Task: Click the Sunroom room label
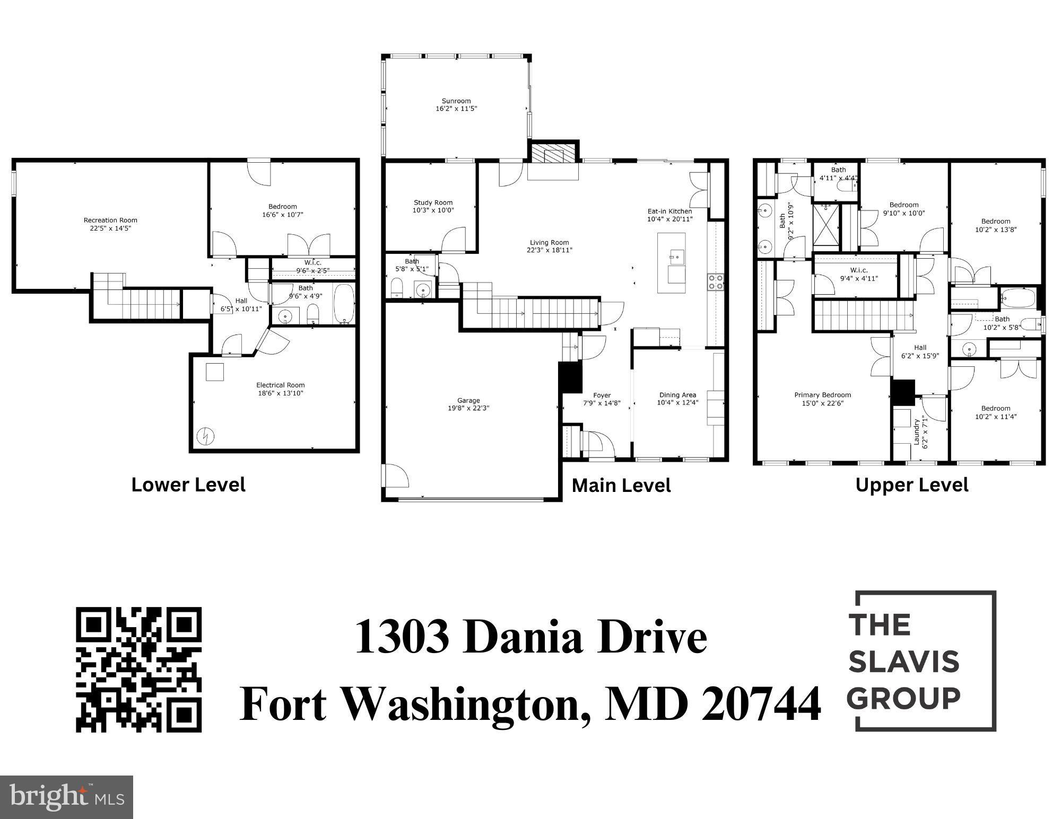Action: coord(456,101)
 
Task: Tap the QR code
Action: coord(139,669)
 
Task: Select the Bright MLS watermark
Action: coord(66,797)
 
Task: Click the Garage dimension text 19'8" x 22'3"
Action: coord(468,409)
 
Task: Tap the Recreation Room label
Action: coord(110,220)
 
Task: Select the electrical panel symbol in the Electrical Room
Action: coord(205,436)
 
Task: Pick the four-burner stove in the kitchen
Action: coord(716,281)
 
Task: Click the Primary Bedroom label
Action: coord(822,395)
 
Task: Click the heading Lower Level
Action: coord(188,485)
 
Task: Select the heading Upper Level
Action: coord(912,485)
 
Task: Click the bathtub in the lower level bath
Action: coord(344,305)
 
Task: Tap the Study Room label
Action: coord(433,202)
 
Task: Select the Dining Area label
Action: coord(677,395)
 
